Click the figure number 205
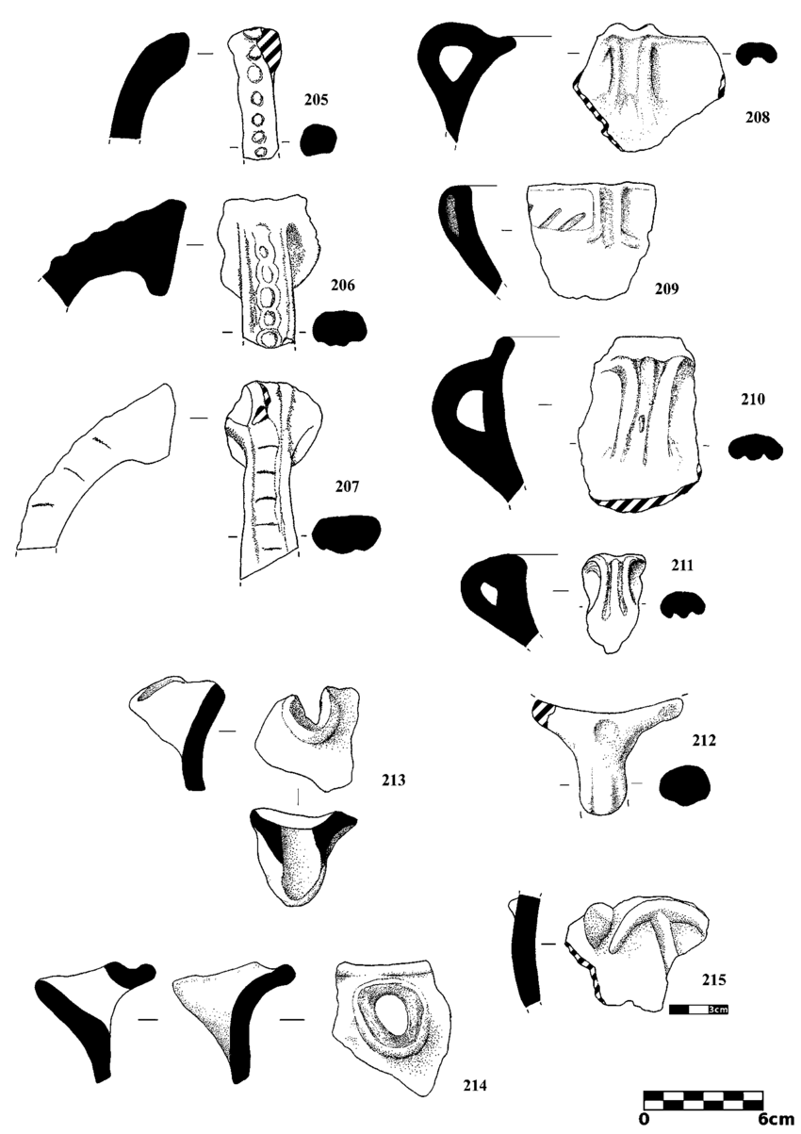coord(316,100)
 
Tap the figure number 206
coord(343,285)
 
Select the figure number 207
coord(347,486)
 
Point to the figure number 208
coord(757,117)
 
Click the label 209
coord(666,288)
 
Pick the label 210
coord(753,400)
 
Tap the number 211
coord(682,565)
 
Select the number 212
coord(704,741)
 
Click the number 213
coord(394,781)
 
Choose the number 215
coord(714,980)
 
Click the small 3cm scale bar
coord(698,1010)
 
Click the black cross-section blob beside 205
coord(319,140)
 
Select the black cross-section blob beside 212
coord(685,783)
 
